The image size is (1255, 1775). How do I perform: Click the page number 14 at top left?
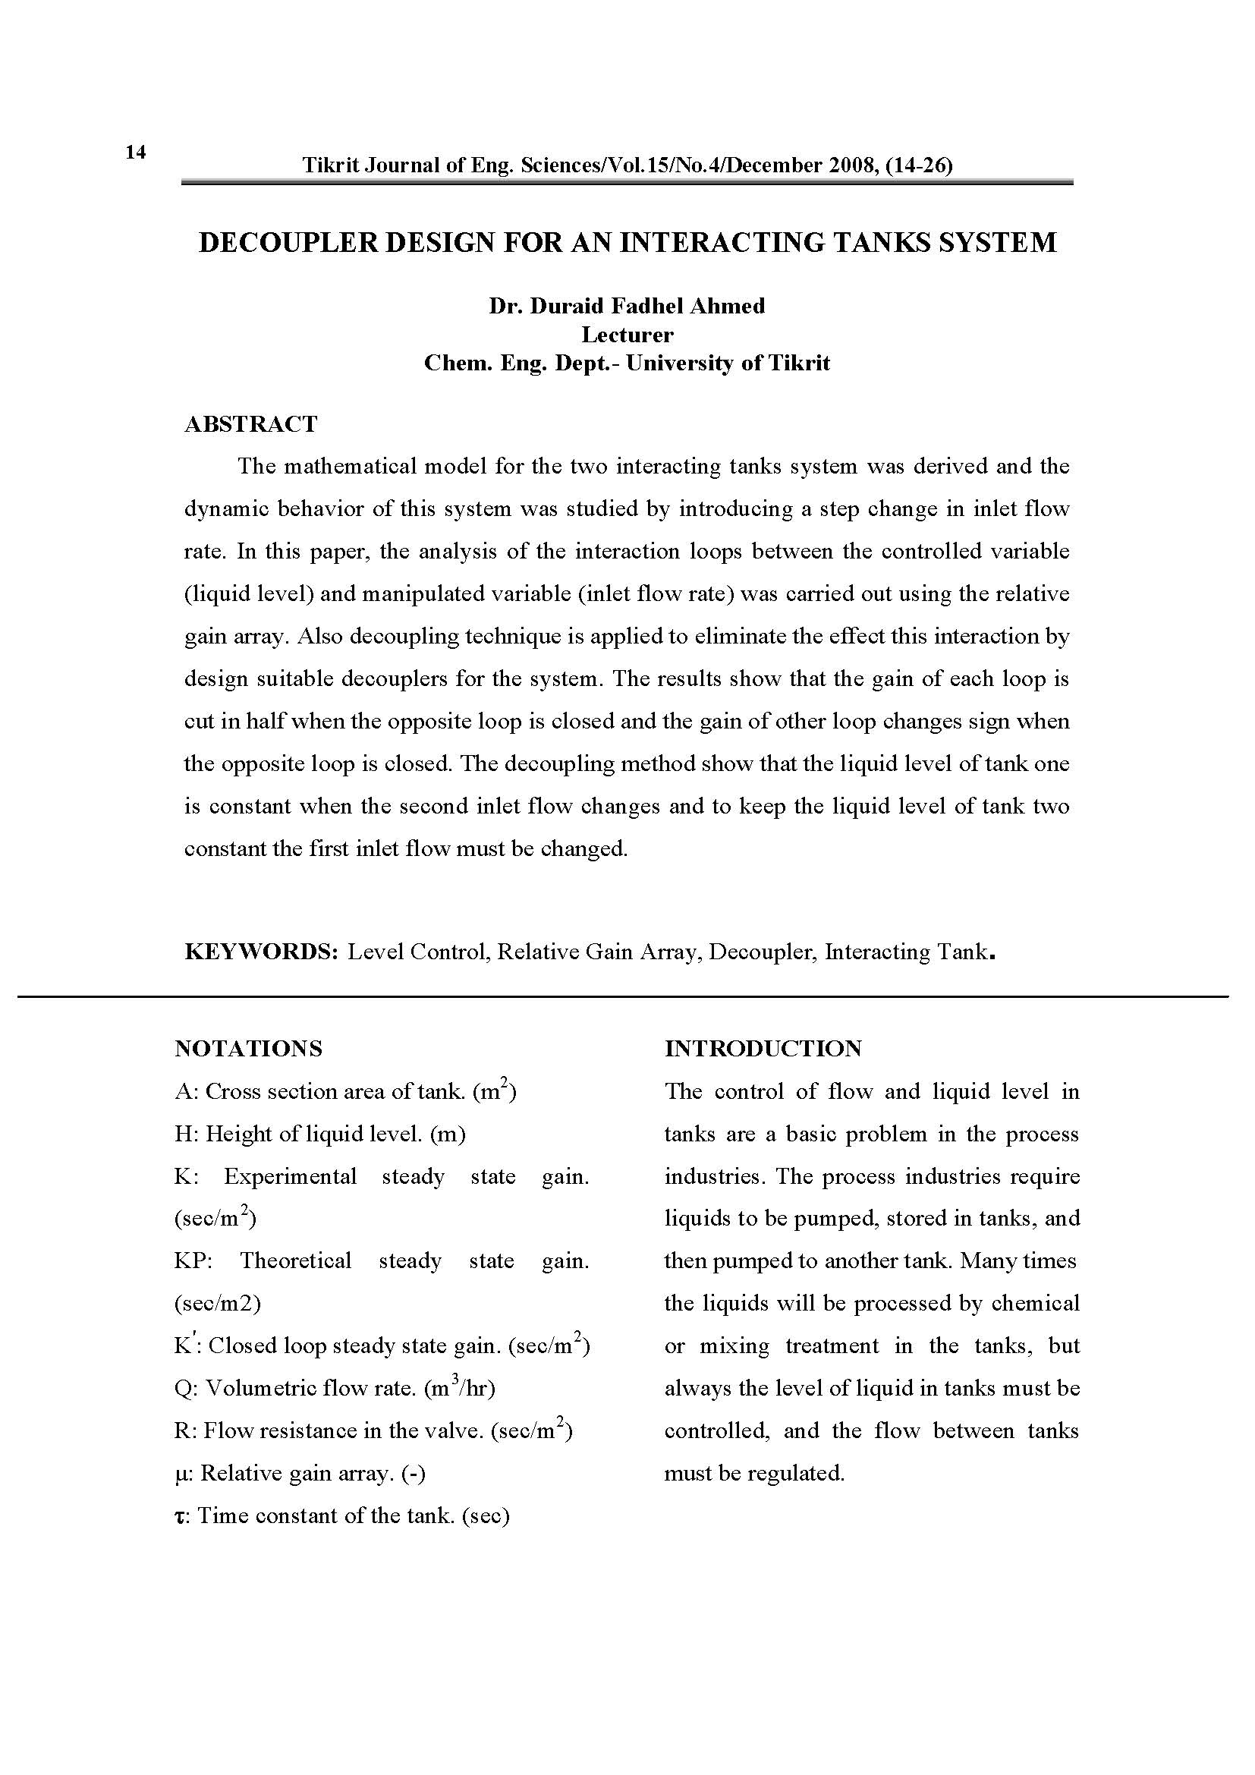pyautogui.click(x=135, y=153)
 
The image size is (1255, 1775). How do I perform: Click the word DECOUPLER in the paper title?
pyautogui.click(x=285, y=243)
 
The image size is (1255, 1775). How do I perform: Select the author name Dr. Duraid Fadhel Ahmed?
pyautogui.click(x=627, y=306)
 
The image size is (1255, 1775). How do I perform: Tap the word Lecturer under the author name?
pyautogui.click(x=627, y=335)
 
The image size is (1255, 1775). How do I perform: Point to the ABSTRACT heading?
pyautogui.click(x=251, y=424)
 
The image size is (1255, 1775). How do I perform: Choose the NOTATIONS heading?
pyautogui.click(x=249, y=1049)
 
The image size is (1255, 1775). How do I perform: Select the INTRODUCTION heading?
pyautogui.click(x=763, y=1049)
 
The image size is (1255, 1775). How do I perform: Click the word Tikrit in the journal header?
pyautogui.click(x=327, y=165)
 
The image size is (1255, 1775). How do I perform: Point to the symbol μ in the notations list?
pyautogui.click(x=181, y=1474)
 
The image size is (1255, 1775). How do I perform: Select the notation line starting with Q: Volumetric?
pyautogui.click(x=335, y=1389)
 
